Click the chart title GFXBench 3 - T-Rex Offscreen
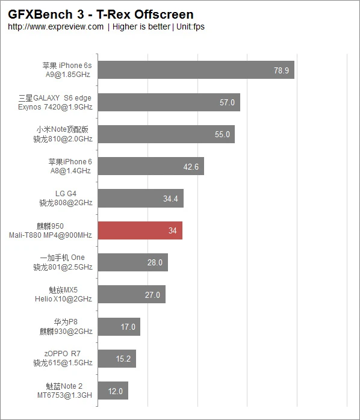pos(101,14)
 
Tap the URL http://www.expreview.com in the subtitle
pos(56,26)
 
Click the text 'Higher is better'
pos(141,26)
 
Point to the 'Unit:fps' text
pos(190,26)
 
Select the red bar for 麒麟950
pos(140,230)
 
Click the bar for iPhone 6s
pos(181,70)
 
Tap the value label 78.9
pos(281,70)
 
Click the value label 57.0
pos(227,102)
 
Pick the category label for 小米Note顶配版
pos(64,129)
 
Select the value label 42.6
pos(191,167)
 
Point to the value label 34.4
pos(170,199)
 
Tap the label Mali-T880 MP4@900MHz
pos(51,235)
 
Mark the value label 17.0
pos(128,327)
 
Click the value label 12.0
pos(115,391)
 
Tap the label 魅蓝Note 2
pos(64,386)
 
